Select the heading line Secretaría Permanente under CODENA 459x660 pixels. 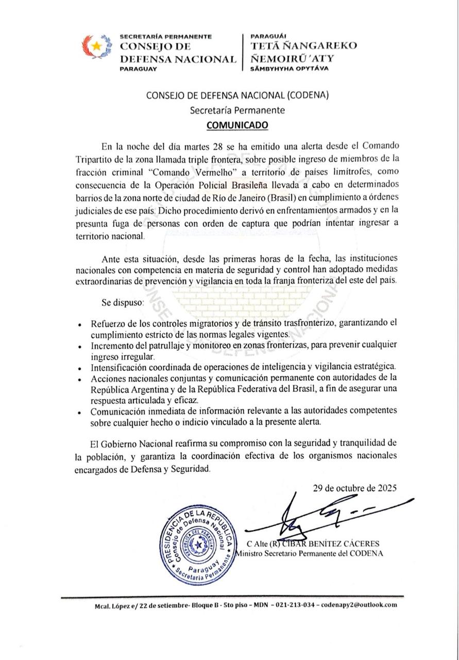[x=237, y=110]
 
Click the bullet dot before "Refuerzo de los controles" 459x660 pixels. [x=78, y=326]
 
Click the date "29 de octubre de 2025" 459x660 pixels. [x=354, y=488]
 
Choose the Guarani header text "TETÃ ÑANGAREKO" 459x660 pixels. [x=303, y=45]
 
